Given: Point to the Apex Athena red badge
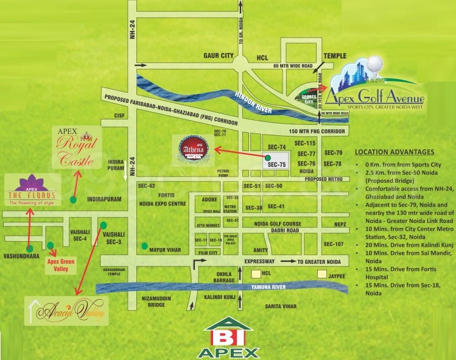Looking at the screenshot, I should (194, 148).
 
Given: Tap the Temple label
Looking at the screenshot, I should (334, 55).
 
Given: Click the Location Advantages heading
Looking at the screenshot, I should (395, 152).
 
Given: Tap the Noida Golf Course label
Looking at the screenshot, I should (277, 224).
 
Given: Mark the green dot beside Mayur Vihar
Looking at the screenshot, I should (144, 246).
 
